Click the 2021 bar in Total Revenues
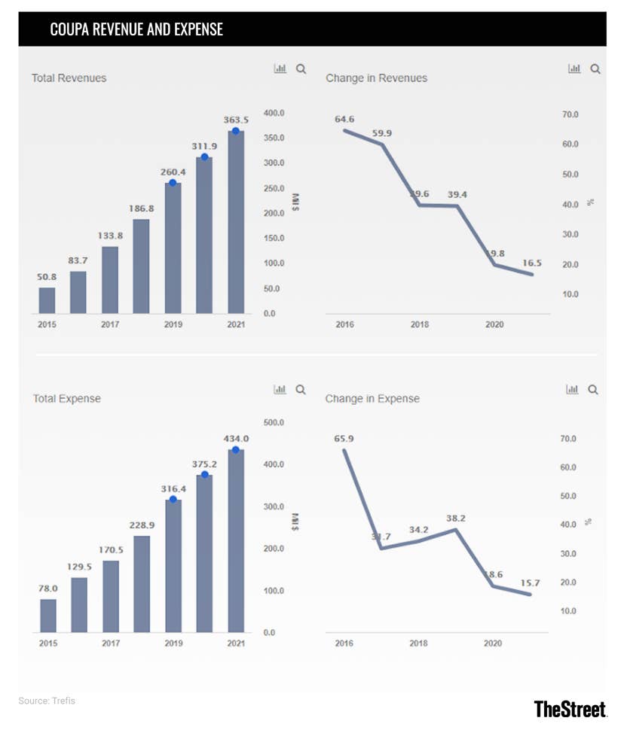(x=236, y=222)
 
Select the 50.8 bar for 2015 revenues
(x=47, y=300)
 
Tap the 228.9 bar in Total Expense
(x=142, y=584)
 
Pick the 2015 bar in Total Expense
(x=48, y=616)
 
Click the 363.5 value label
(x=236, y=119)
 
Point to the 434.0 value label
(x=236, y=439)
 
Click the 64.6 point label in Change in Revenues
(x=344, y=119)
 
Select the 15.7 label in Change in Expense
(x=530, y=583)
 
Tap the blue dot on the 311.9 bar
(x=204, y=157)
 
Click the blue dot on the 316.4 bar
(x=173, y=499)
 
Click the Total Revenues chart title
(x=69, y=78)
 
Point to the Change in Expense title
(x=372, y=399)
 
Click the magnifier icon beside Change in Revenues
(x=595, y=69)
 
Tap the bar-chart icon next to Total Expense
(x=280, y=390)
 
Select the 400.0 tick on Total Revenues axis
(x=274, y=113)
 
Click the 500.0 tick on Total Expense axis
(x=274, y=423)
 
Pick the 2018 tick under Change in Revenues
(x=420, y=324)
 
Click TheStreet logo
(x=570, y=708)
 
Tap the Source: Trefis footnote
(x=47, y=701)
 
